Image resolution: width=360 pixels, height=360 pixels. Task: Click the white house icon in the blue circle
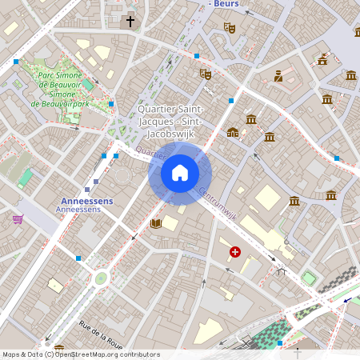click(x=180, y=173)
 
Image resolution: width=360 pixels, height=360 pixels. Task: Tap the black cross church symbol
click(x=130, y=22)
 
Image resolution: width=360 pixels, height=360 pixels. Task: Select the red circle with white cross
click(x=235, y=252)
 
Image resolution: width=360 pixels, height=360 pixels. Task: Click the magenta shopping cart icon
click(x=18, y=218)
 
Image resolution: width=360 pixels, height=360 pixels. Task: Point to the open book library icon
click(x=156, y=223)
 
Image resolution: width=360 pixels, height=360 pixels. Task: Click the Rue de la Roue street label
click(x=101, y=334)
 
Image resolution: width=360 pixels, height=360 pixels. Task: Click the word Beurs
click(x=227, y=4)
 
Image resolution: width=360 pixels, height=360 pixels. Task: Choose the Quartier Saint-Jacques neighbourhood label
click(x=170, y=115)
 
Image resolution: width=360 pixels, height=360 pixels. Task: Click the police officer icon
click(x=278, y=76)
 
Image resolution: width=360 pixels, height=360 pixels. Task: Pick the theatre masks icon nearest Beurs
click(x=230, y=27)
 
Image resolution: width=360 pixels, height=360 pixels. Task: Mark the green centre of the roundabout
click(x=101, y=278)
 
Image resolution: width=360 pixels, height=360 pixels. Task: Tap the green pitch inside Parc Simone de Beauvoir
click(x=87, y=84)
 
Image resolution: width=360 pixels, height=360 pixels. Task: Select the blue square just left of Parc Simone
click(x=16, y=61)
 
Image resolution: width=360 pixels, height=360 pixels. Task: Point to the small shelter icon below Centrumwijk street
click(x=281, y=271)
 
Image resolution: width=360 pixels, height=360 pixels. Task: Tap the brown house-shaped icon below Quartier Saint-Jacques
click(x=232, y=132)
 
